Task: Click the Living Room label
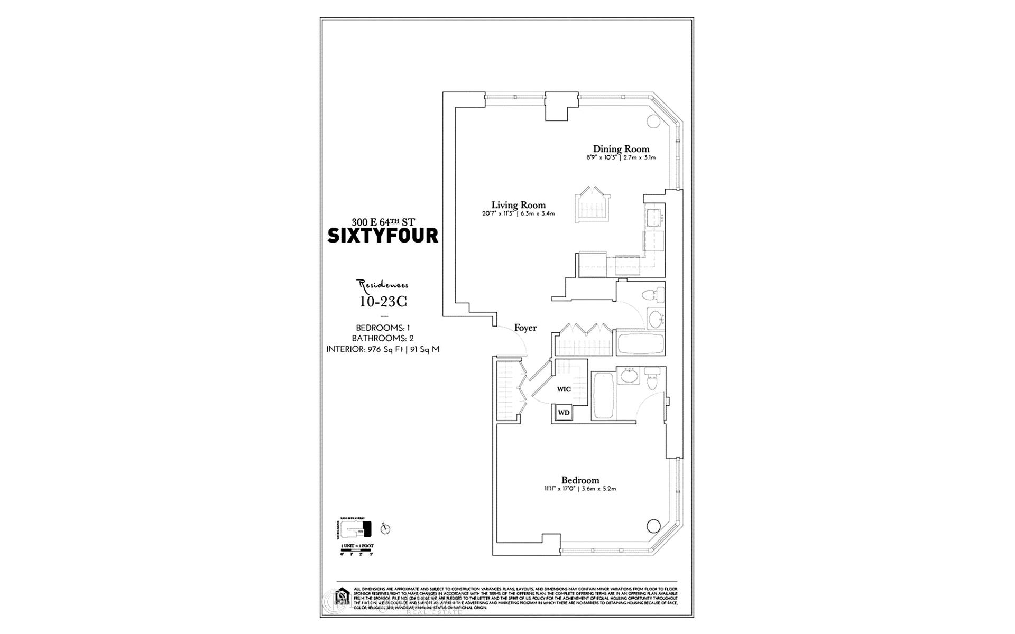[x=518, y=205]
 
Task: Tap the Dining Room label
[x=621, y=149]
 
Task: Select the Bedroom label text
[x=580, y=480]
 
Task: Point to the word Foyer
[x=525, y=328]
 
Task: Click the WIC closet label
[x=564, y=389]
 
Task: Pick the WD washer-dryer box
[x=564, y=413]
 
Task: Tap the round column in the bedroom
[x=653, y=526]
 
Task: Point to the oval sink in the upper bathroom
[x=656, y=319]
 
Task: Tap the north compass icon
[x=385, y=529]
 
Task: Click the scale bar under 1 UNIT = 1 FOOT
[x=357, y=550]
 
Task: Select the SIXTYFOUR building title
[x=383, y=236]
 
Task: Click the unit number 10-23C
[x=383, y=302]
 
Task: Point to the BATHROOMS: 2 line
[x=383, y=338]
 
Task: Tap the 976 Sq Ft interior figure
[x=383, y=349]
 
